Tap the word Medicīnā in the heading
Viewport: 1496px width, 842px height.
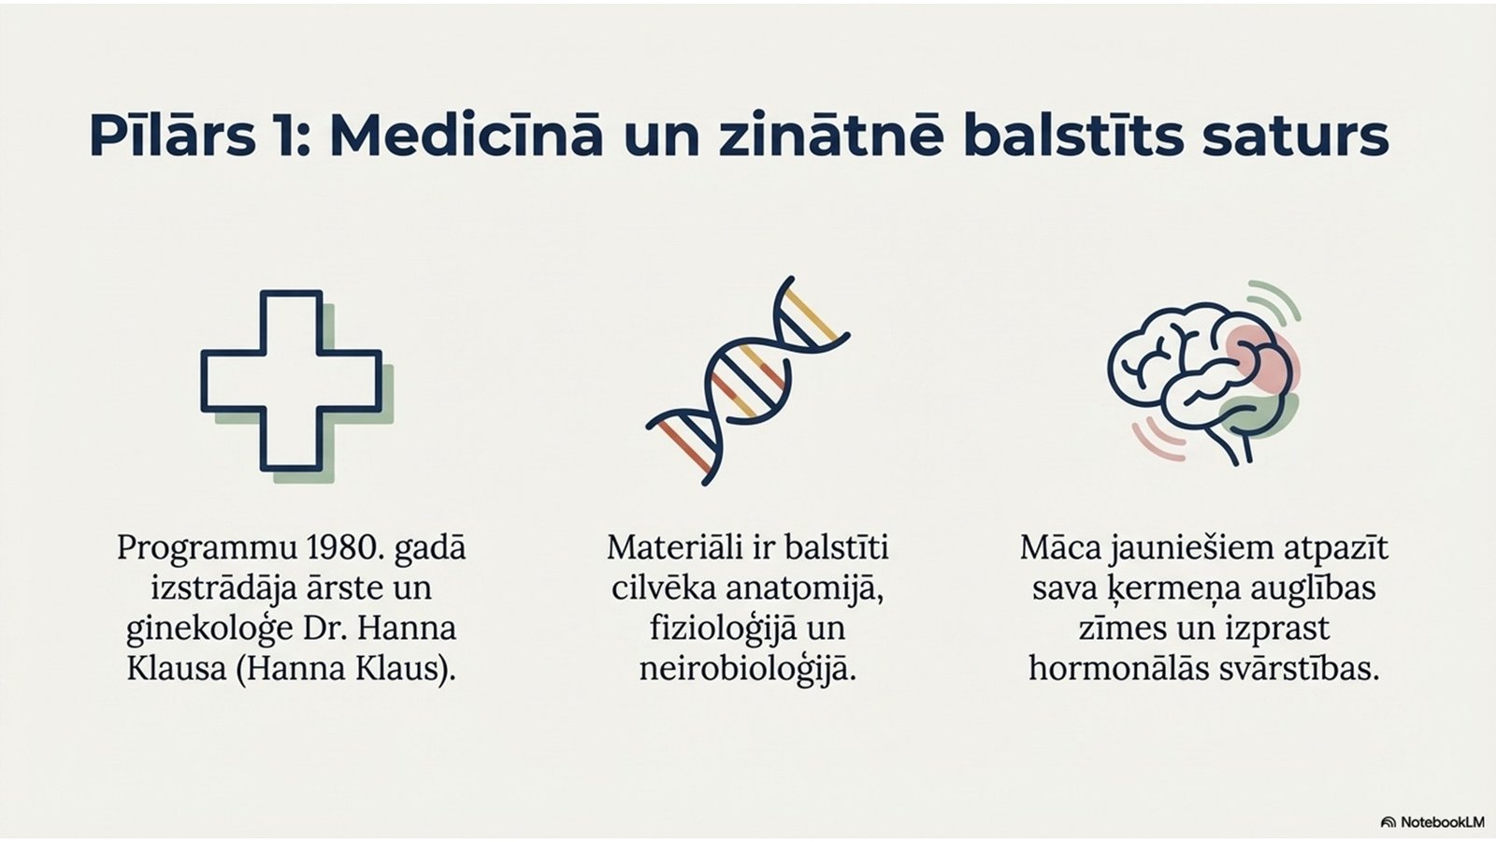(x=467, y=136)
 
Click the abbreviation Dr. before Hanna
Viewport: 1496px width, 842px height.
(x=326, y=629)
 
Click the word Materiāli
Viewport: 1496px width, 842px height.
(x=674, y=548)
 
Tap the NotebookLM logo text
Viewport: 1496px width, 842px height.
(x=1439, y=822)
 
